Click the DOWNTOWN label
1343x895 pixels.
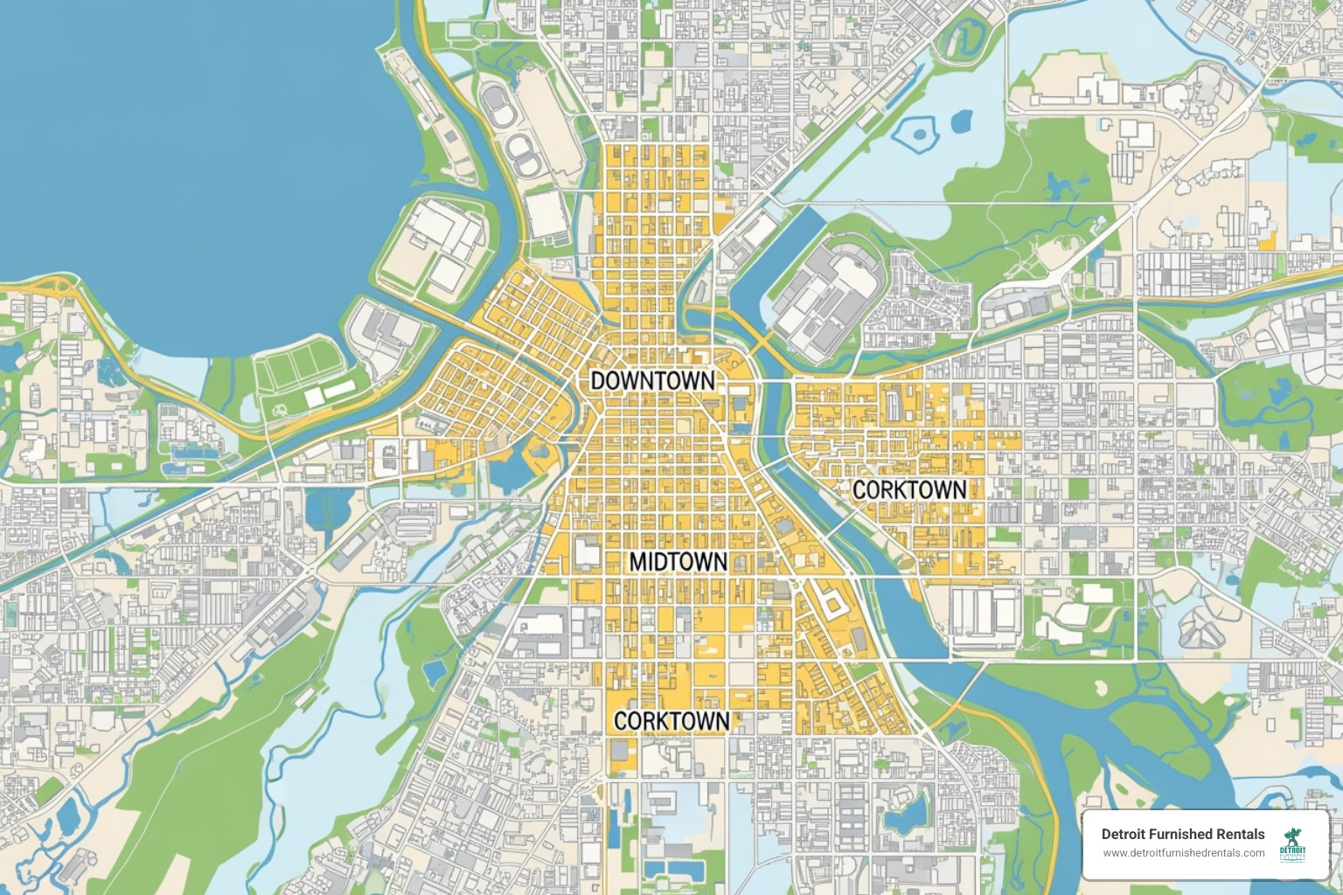(x=652, y=380)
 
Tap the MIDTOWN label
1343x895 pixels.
(x=678, y=561)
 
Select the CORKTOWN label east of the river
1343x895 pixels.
(x=909, y=489)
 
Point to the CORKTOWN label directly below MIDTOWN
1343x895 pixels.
(x=671, y=720)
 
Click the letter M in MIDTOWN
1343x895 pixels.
(x=639, y=561)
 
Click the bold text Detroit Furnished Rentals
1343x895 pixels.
(x=1182, y=834)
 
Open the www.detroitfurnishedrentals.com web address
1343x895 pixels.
(x=1182, y=853)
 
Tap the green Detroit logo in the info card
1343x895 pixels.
(x=1291, y=845)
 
